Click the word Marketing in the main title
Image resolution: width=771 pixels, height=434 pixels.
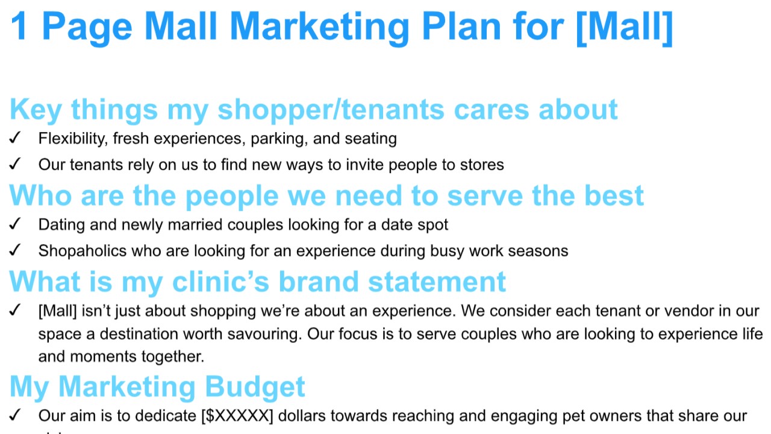point(319,28)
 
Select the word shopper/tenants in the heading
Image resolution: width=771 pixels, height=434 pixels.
point(331,110)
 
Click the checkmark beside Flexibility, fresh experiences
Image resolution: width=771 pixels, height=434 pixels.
point(15,138)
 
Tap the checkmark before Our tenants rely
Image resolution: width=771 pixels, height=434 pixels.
point(15,164)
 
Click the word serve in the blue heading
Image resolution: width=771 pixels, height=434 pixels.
point(485,196)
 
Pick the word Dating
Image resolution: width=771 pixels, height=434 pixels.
point(61,225)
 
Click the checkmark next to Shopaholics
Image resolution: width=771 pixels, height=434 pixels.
point(15,250)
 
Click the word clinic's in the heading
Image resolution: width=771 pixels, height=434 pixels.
point(220,281)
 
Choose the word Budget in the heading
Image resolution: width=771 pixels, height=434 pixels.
point(255,387)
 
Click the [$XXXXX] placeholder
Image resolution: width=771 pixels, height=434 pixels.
point(237,416)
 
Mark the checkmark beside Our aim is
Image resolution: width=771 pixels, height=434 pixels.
point(15,415)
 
